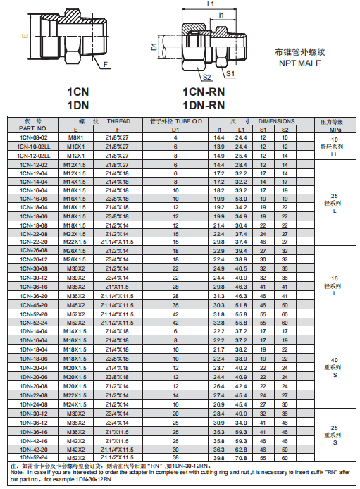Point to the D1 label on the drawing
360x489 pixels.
point(154,48)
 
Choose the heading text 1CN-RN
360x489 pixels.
point(204,92)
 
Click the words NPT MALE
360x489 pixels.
point(299,63)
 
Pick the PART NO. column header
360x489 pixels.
point(33,129)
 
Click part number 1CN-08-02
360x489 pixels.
point(33,137)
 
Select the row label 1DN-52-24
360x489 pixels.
point(33,457)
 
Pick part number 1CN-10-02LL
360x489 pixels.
point(33,146)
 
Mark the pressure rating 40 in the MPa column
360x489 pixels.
point(335,360)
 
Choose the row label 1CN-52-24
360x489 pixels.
point(33,322)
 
